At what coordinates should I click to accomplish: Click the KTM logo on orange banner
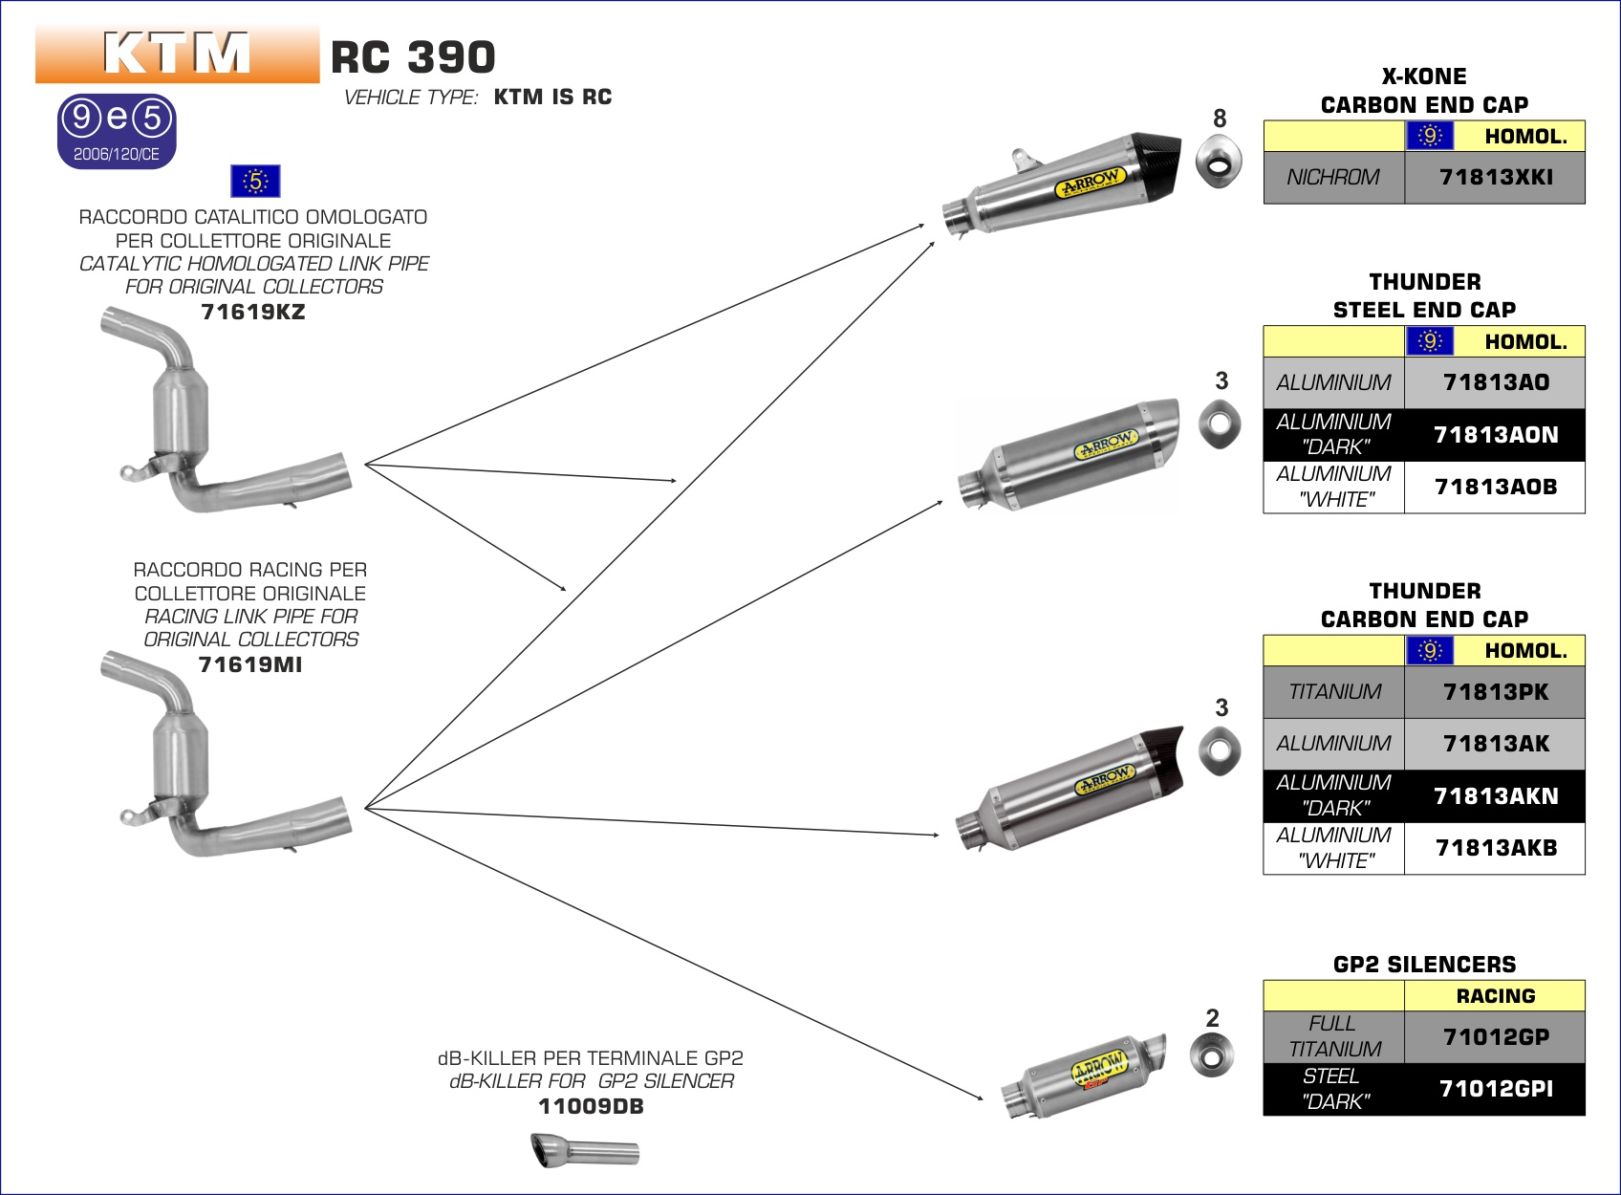tap(177, 54)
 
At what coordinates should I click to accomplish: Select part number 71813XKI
tap(1495, 177)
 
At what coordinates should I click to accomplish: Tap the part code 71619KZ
tap(253, 312)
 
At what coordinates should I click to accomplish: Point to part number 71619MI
tap(250, 664)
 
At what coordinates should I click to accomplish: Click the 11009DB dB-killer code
tap(591, 1106)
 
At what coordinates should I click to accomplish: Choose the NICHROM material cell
tap(1333, 177)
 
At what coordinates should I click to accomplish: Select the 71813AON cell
tap(1495, 435)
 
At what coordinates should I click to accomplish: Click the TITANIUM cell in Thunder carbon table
tap(1333, 692)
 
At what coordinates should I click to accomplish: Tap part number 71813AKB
tap(1495, 848)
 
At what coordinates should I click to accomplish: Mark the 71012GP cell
tap(1495, 1036)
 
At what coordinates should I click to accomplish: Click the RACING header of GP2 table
tap(1495, 996)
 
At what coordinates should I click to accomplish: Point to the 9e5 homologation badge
tap(117, 131)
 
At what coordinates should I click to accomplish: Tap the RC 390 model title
tap(413, 57)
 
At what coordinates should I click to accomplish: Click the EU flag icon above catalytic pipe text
tap(255, 181)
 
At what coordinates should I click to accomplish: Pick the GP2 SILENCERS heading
tap(1424, 965)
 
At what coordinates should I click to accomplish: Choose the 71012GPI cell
tap(1495, 1089)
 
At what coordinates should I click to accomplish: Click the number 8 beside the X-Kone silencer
tap(1220, 119)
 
